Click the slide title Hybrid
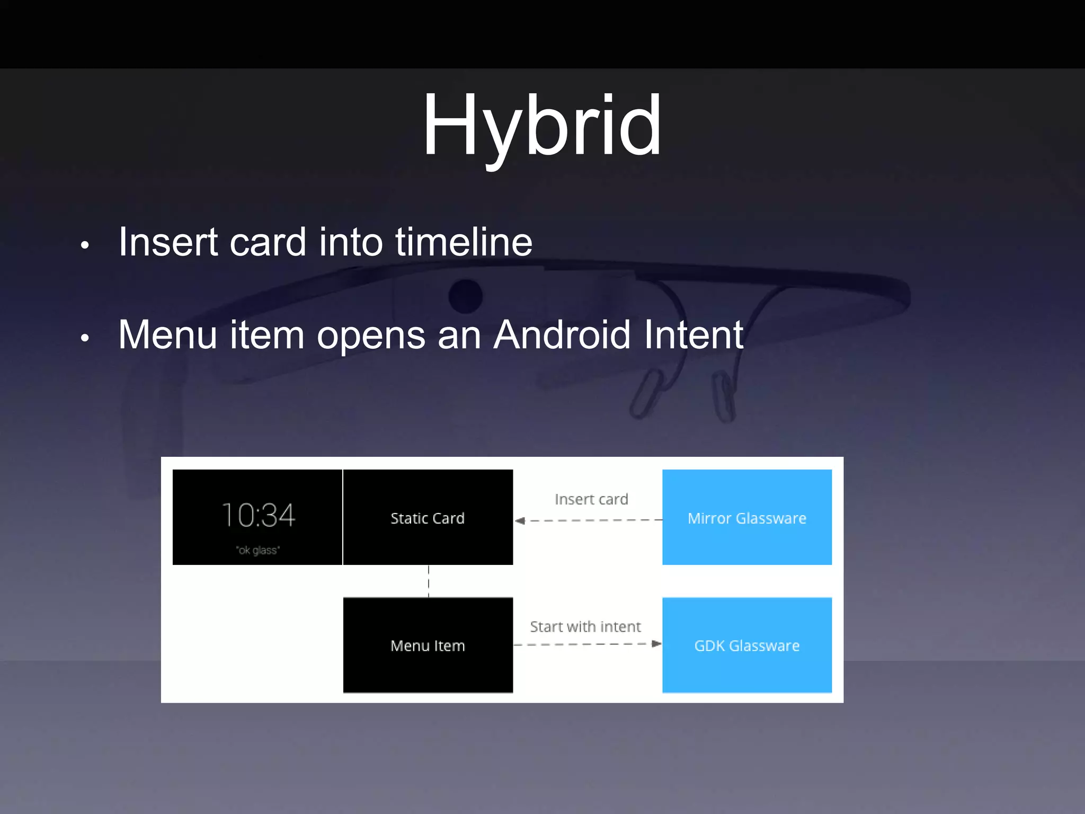point(542,125)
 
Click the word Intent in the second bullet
point(693,335)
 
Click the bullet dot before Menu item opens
point(85,338)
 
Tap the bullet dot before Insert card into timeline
point(85,245)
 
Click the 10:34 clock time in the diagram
point(258,515)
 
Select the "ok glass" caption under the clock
point(257,550)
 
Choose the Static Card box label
point(428,518)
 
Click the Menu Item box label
point(428,645)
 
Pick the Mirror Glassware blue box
point(747,517)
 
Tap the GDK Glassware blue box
point(747,645)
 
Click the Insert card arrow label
point(591,499)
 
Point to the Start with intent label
point(585,627)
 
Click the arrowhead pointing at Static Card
point(520,520)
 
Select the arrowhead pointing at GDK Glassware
point(656,644)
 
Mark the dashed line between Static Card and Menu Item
point(429,581)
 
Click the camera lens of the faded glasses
point(465,296)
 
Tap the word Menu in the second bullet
point(167,335)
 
